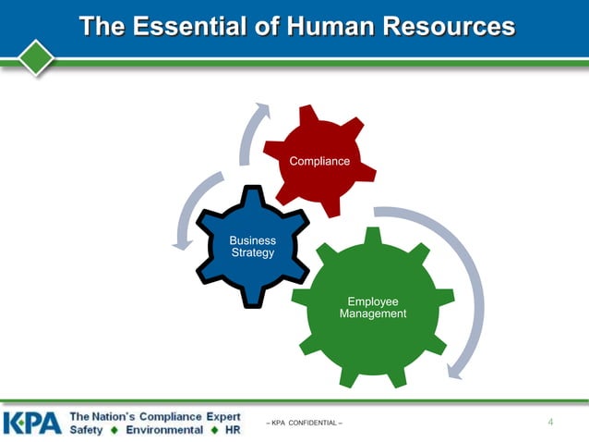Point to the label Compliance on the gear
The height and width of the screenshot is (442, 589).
[x=319, y=162]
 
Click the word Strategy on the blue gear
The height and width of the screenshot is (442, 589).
[x=252, y=253]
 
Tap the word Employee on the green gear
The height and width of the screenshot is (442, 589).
[x=373, y=301]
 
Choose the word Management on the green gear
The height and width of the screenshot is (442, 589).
[x=373, y=314]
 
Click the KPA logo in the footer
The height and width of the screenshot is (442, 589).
[x=32, y=423]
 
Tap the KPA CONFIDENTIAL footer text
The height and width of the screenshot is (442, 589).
[x=304, y=424]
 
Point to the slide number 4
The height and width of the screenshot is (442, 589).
[x=550, y=423]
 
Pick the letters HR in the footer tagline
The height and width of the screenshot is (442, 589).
[x=233, y=430]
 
